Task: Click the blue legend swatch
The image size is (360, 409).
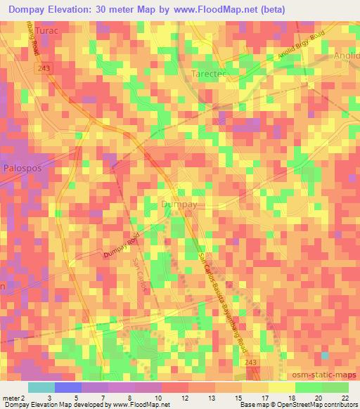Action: [68, 387]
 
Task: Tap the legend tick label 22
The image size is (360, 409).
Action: [344, 398]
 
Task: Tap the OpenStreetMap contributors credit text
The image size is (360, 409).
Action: [321, 405]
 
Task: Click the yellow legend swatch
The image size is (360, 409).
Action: [255, 387]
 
